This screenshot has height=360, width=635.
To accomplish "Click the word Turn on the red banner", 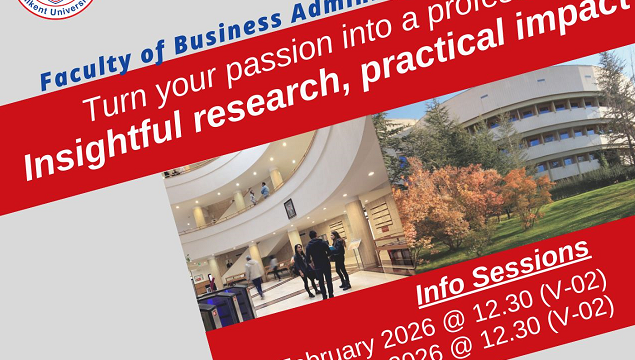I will coord(112,103).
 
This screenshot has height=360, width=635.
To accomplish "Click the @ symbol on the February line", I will coord(461,318).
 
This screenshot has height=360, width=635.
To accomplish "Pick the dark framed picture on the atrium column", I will coord(290,207).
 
